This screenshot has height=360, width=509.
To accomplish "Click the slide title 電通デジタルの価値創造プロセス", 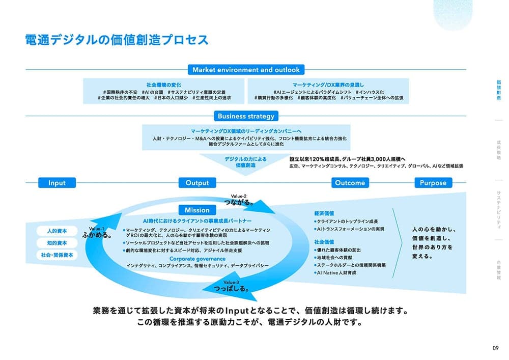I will click(117, 40).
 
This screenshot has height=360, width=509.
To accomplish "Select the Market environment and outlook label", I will click(246, 70).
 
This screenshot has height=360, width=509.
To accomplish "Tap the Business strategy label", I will click(246, 116).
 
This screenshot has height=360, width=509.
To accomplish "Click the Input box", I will click(57, 183).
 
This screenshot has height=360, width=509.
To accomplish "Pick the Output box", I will click(197, 183).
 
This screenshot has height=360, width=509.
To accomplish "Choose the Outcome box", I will click(350, 183).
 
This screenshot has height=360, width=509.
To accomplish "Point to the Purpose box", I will click(433, 183).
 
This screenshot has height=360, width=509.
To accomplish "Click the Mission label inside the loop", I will click(197, 210).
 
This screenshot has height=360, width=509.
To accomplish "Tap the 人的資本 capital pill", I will click(56, 231).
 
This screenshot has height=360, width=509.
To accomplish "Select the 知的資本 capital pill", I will click(56, 243).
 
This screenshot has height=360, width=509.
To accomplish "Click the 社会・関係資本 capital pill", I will click(56, 255).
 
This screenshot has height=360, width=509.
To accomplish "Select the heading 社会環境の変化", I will click(164, 84).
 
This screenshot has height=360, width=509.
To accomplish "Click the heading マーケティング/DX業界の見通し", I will click(328, 84).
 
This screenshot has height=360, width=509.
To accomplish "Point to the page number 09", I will click(495, 348).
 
